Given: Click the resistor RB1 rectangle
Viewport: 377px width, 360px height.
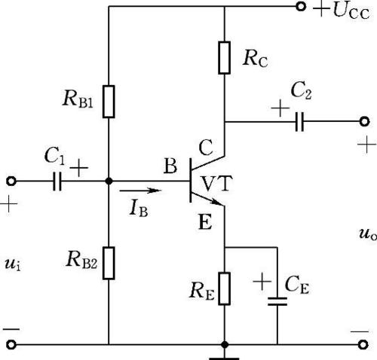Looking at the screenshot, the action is pos(109,102).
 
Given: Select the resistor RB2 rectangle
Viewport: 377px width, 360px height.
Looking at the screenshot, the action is pos(109,263).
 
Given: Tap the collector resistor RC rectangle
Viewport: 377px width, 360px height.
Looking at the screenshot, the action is pos(224,58).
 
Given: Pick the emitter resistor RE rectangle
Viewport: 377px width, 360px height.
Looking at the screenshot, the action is pos(224,288).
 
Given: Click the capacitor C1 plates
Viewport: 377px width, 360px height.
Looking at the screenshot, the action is pos(57,181).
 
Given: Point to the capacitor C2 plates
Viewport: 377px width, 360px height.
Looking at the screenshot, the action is pos(299,122).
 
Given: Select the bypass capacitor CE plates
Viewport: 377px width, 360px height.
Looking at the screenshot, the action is pos(277,301).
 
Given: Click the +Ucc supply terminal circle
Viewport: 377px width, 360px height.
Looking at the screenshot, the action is pos(301,7).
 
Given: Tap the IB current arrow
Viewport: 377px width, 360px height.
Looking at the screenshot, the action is pos(140,191).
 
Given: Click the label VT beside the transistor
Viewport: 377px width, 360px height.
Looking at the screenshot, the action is pos(217,184).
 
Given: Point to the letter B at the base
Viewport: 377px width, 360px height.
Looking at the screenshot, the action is pos(170,166).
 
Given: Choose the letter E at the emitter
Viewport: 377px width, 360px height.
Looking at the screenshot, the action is pos(205,222).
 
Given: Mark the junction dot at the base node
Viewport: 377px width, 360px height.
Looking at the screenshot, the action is pos(109,181).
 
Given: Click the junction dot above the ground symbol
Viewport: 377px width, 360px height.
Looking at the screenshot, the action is pos(225,345).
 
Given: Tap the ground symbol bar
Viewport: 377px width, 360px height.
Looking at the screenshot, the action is pos(224,358).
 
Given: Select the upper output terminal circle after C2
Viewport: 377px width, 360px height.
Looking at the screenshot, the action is pos(364,121).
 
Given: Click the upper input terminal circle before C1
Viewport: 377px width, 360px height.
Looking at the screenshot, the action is pos(11,181).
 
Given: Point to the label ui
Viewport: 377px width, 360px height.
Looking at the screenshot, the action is pos(13,264).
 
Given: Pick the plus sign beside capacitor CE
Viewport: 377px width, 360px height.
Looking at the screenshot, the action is pos(262,281).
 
